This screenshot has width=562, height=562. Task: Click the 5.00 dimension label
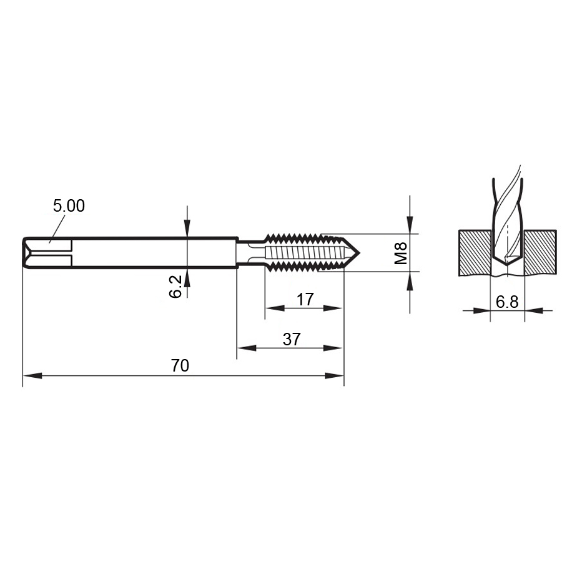point(69,205)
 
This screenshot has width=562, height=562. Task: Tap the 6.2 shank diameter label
point(175,286)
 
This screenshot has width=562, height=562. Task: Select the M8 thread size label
point(401,253)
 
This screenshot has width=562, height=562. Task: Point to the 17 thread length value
point(305,299)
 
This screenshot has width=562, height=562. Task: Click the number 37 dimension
point(292,339)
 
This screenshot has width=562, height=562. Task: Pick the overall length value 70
point(180,365)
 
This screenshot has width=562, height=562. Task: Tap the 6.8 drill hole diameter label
point(507,302)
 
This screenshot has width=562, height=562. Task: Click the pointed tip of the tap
point(360,253)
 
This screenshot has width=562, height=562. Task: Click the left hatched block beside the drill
point(475,253)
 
